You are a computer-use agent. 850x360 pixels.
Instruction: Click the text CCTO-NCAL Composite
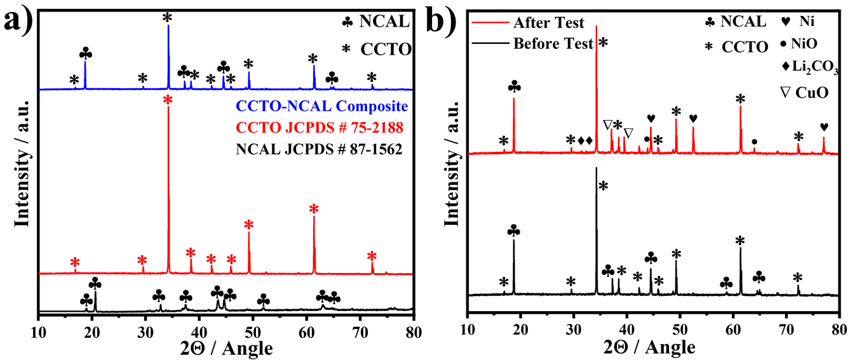pyautogui.click(x=321, y=106)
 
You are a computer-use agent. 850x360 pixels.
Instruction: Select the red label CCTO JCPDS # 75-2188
pyautogui.click(x=320, y=129)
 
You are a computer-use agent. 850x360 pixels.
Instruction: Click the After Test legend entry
pyautogui.click(x=548, y=23)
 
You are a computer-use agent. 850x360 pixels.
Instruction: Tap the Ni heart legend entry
pyautogui.click(x=797, y=23)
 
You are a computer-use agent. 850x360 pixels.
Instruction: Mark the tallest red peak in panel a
pyautogui.click(x=168, y=190)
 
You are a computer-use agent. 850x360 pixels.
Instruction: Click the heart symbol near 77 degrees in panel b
pyautogui.click(x=824, y=127)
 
